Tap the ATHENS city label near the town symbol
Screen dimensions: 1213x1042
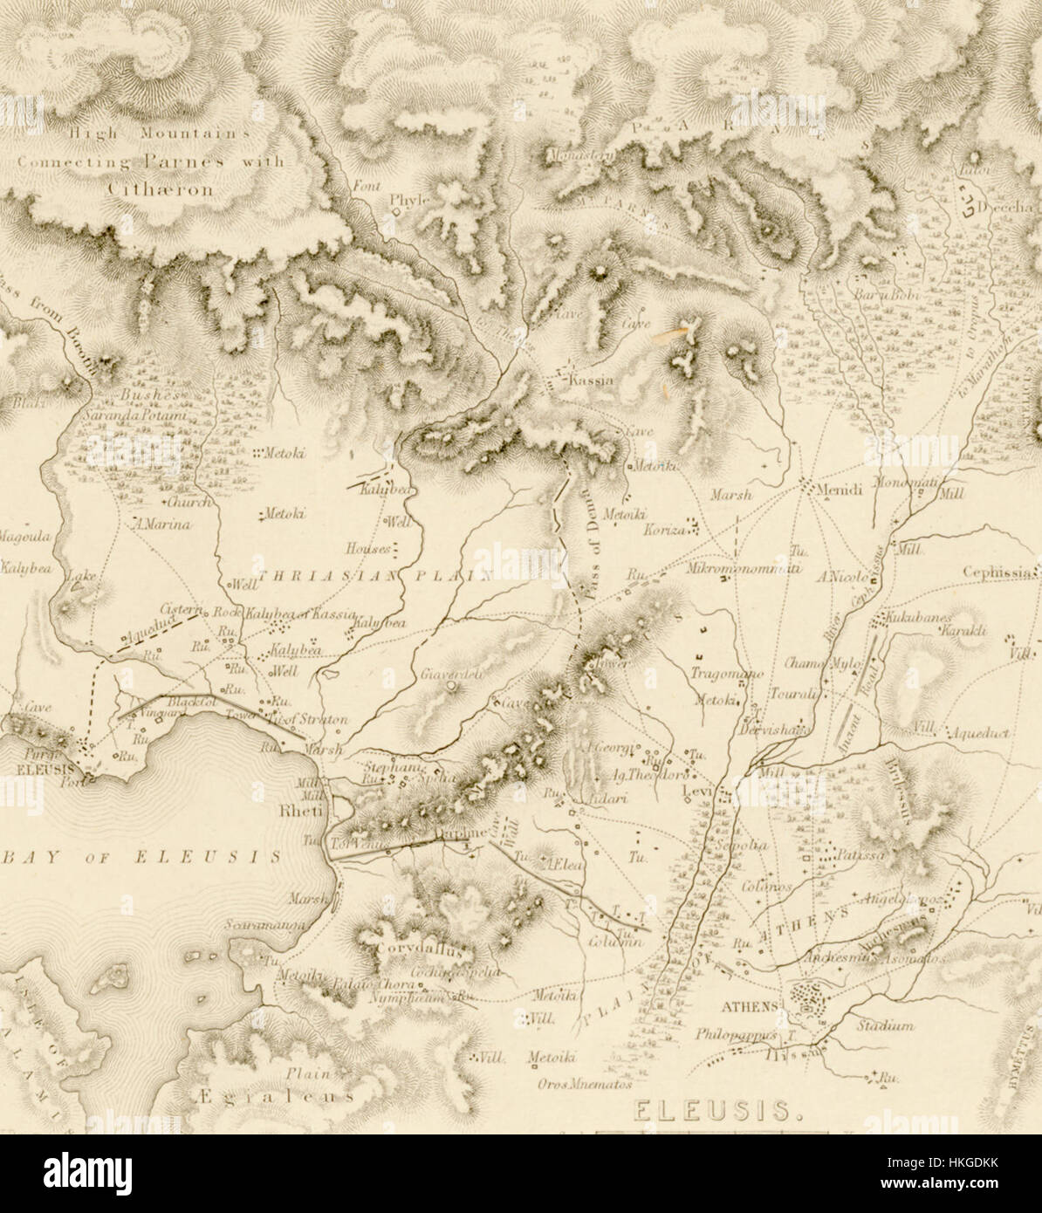[x=749, y=1005]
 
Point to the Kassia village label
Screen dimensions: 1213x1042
[x=591, y=381]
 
